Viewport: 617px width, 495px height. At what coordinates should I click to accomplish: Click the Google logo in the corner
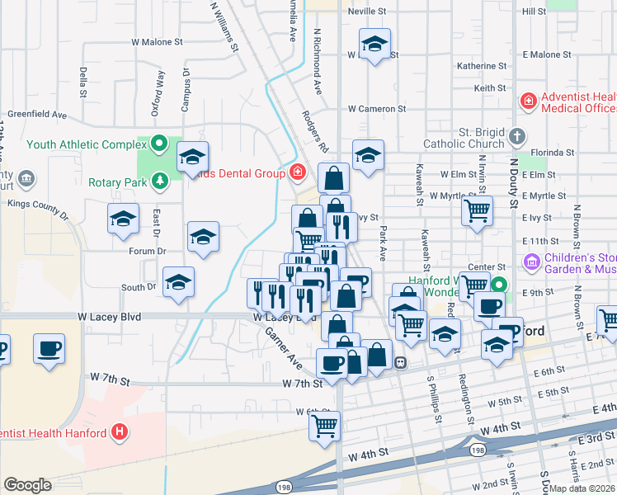pos(27,485)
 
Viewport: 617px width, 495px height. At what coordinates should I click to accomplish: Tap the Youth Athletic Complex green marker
pos(161,144)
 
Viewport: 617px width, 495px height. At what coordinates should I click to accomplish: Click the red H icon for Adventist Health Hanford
pos(120,432)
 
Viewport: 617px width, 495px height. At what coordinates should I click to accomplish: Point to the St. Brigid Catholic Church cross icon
pos(516,137)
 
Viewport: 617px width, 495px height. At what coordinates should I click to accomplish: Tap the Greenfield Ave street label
pos(36,114)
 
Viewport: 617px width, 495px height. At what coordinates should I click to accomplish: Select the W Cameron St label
pos(376,108)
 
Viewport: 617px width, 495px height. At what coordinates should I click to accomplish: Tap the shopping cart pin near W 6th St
pos(325,426)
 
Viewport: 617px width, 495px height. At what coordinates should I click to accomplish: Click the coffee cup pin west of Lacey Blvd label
pos(49,347)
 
